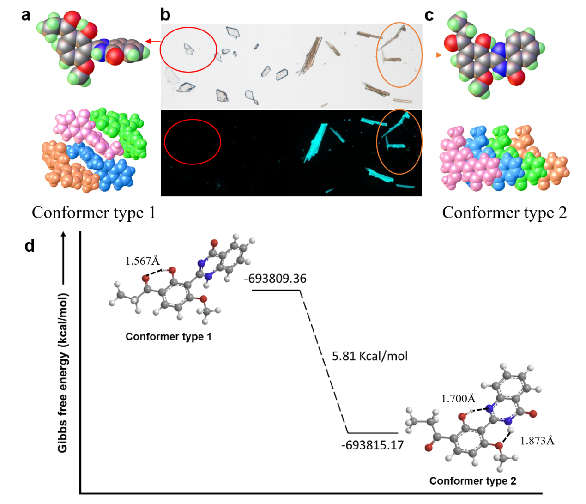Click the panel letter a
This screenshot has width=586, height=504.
coord(26,15)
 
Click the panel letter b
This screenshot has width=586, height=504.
coord(165,15)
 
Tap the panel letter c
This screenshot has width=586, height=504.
coord(429,16)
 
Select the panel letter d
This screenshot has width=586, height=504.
coord(30,246)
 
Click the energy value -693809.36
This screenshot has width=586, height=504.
coord(275,279)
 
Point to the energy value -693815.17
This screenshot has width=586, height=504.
coord(372,445)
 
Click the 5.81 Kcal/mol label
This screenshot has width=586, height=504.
coord(369,356)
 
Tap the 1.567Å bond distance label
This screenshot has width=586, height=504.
coord(142,261)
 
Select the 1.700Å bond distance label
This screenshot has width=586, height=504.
coord(458,399)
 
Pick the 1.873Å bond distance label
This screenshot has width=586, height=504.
coord(537,441)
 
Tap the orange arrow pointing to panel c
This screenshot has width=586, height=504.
coord(432,55)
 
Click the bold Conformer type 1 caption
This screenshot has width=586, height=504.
coord(169,337)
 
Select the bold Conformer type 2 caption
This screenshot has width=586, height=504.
coord(472,481)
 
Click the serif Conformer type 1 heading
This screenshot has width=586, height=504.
coord(94,213)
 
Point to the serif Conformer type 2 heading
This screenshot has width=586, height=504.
coord(504,213)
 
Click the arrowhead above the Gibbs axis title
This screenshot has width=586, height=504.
coord(64,236)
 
